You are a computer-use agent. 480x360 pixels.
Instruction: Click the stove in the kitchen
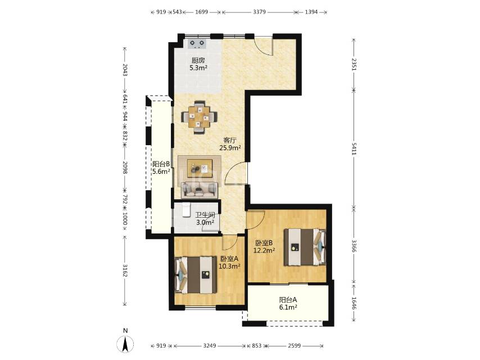[x=197, y=44]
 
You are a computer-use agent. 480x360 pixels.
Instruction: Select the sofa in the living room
[x=200, y=190]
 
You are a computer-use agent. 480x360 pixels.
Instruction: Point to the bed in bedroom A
[x=196, y=275]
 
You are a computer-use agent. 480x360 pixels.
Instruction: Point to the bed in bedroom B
[x=305, y=247]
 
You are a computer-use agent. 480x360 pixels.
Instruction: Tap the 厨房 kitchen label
[x=198, y=60]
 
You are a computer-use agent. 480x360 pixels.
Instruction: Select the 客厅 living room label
[x=230, y=141]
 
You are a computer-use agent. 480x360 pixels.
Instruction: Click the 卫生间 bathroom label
[x=205, y=215]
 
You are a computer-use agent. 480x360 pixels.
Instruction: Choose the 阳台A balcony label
[x=288, y=300]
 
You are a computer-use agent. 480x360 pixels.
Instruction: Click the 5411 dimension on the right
[x=354, y=148]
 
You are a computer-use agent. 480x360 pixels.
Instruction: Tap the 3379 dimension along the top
[x=259, y=12]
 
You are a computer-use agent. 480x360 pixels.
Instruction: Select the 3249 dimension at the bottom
[x=210, y=345]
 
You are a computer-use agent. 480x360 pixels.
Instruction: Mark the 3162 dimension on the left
[x=125, y=271]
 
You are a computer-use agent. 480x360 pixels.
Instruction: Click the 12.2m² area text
[x=264, y=250]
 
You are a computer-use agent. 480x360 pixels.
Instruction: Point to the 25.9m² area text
[x=230, y=148]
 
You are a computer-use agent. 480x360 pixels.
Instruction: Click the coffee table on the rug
[x=200, y=168]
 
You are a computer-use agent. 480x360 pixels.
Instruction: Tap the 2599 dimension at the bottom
[x=294, y=345]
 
